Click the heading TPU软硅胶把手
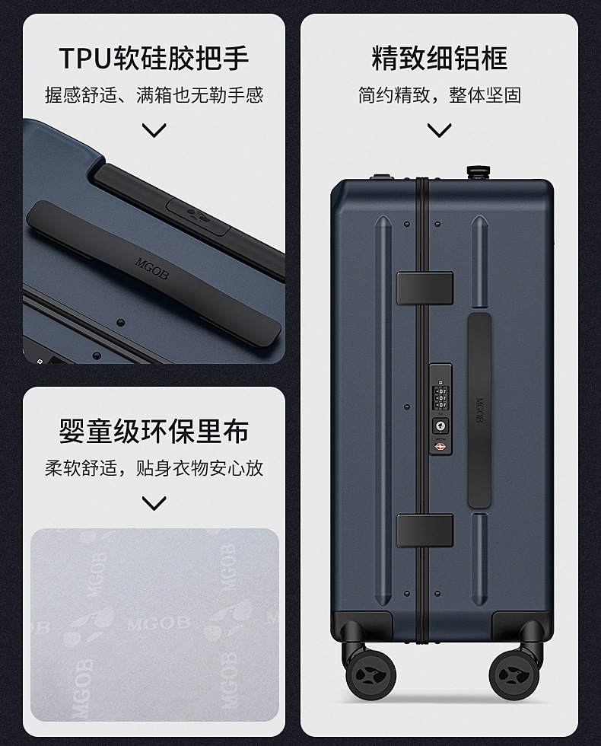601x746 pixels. tap(154, 58)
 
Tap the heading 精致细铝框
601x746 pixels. tap(440, 58)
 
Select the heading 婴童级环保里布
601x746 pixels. tap(154, 431)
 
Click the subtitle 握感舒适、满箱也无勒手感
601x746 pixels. tap(154, 94)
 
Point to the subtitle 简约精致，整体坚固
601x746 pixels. tap(440, 94)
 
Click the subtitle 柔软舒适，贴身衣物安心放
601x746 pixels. tap(154, 467)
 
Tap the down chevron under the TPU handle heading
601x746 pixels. tap(154, 130)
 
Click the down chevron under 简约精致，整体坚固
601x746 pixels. tap(440, 130)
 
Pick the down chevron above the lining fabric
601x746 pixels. tap(154, 503)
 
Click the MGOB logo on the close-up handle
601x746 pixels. tap(151, 269)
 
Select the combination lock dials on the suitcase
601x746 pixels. tap(440, 397)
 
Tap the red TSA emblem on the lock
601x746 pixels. tap(440, 447)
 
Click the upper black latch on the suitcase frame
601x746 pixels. tap(425, 288)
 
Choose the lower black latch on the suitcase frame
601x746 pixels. tap(425, 530)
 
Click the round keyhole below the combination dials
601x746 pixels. tap(440, 425)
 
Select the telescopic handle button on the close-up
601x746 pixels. tap(199, 215)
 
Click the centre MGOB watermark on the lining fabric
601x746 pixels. tap(152, 623)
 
